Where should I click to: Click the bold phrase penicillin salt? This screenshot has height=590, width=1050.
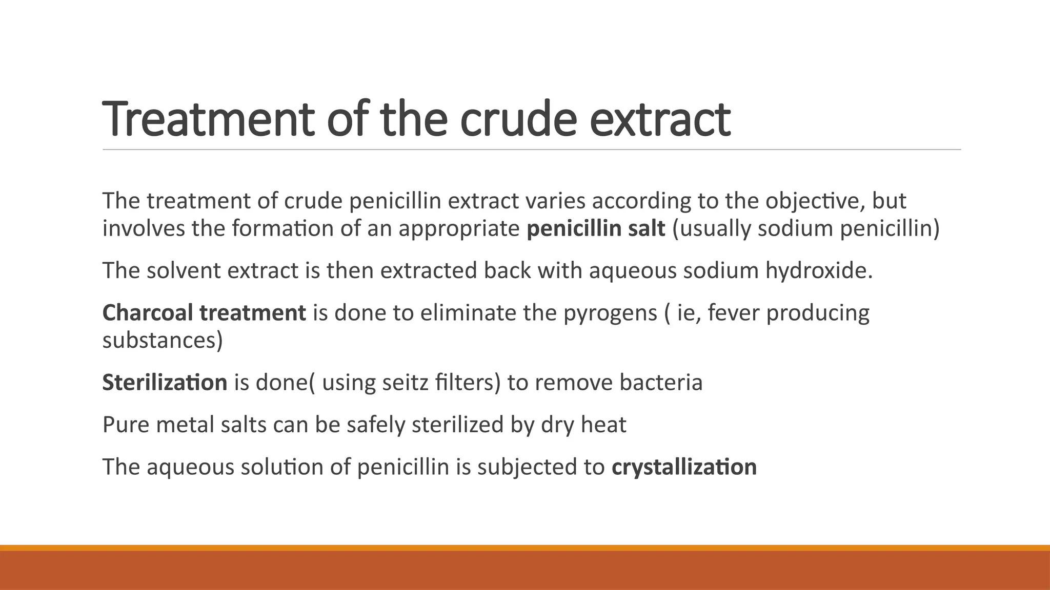point(596,228)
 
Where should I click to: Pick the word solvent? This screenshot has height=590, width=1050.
point(184,270)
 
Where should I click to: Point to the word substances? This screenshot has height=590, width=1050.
point(162,340)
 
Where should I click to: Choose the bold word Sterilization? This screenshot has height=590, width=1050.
point(165,383)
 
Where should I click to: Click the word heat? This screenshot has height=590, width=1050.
point(603,425)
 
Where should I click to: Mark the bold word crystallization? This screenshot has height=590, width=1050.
point(684,467)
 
